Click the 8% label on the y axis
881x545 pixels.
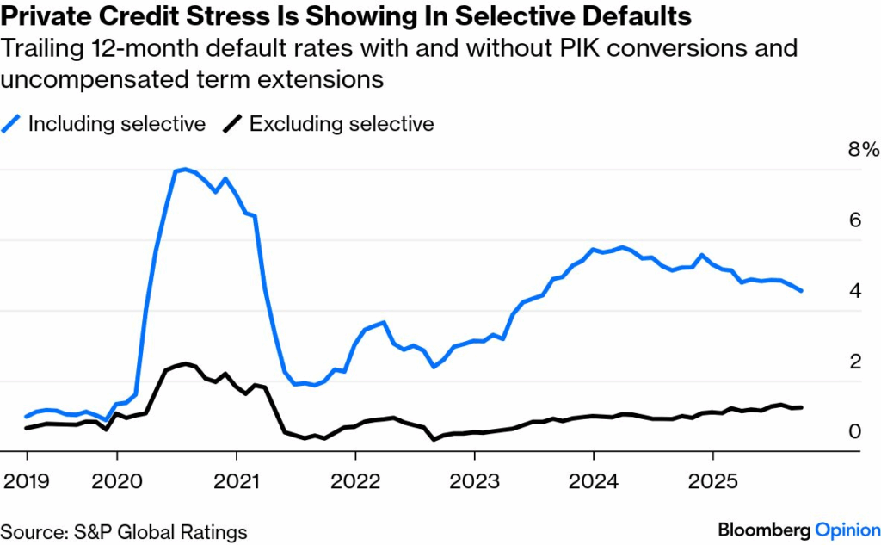863,150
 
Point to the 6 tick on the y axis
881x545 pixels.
854,220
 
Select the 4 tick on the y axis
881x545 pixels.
854,291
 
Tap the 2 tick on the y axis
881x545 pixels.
854,362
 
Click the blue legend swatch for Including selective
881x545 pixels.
12,124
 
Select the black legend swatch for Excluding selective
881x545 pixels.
231,124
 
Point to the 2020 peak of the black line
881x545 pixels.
186,363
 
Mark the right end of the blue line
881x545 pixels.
803,291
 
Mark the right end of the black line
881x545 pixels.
803,407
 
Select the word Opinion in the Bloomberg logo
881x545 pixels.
847,530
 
